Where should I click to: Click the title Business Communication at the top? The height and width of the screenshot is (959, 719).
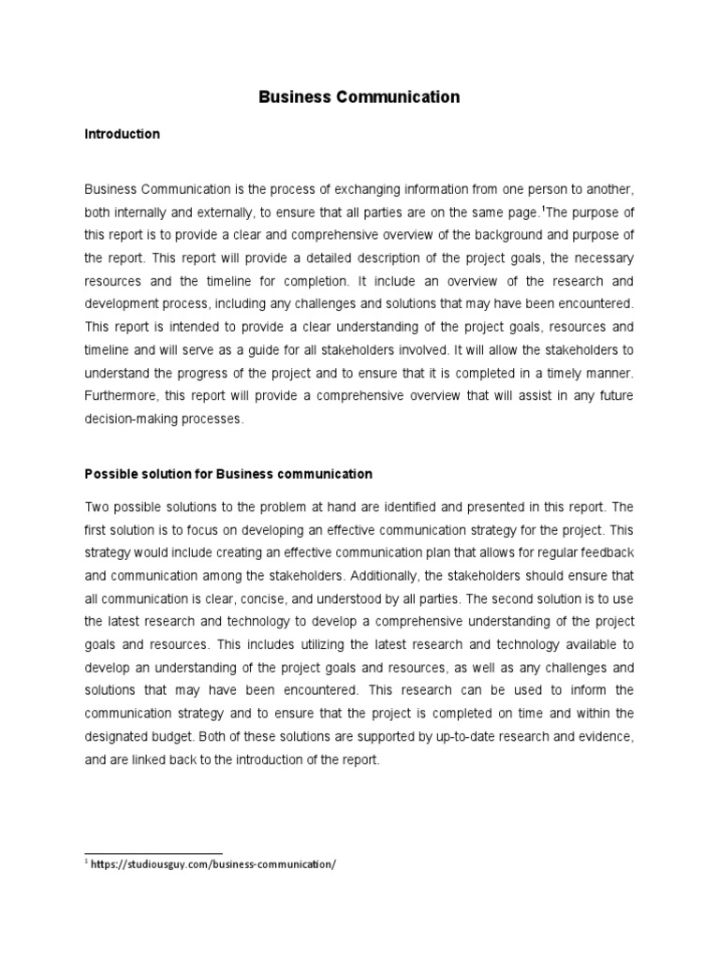click(x=359, y=96)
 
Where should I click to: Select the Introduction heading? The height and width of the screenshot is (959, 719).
click(x=122, y=135)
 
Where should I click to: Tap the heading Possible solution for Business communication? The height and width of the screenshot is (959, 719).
click(x=228, y=474)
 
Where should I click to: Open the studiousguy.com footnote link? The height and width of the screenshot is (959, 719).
click(x=213, y=864)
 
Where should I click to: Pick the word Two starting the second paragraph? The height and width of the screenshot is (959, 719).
click(x=97, y=506)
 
